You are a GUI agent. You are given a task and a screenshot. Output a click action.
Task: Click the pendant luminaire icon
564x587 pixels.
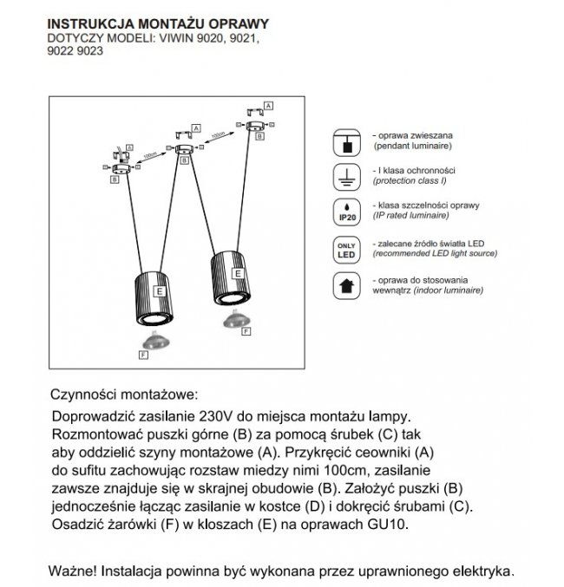click(x=349, y=143)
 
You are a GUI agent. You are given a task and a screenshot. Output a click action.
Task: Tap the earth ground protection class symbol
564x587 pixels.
click(x=349, y=178)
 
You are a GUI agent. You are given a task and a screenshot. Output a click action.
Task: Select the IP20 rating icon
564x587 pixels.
click(x=349, y=213)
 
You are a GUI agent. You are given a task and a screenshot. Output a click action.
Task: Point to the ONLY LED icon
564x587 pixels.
click(x=349, y=249)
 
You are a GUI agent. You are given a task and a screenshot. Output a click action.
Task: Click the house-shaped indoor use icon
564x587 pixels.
click(x=349, y=284)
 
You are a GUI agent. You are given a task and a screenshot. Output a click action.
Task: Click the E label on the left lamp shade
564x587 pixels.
click(x=159, y=292)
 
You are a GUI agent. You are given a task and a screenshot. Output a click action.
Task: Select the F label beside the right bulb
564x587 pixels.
click(x=246, y=330)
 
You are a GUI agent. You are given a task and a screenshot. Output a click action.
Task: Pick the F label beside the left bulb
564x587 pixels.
click(x=143, y=355)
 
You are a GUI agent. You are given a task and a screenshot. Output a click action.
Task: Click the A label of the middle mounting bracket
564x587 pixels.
click(x=197, y=127)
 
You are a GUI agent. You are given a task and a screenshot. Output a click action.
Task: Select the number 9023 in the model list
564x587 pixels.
click(x=89, y=51)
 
